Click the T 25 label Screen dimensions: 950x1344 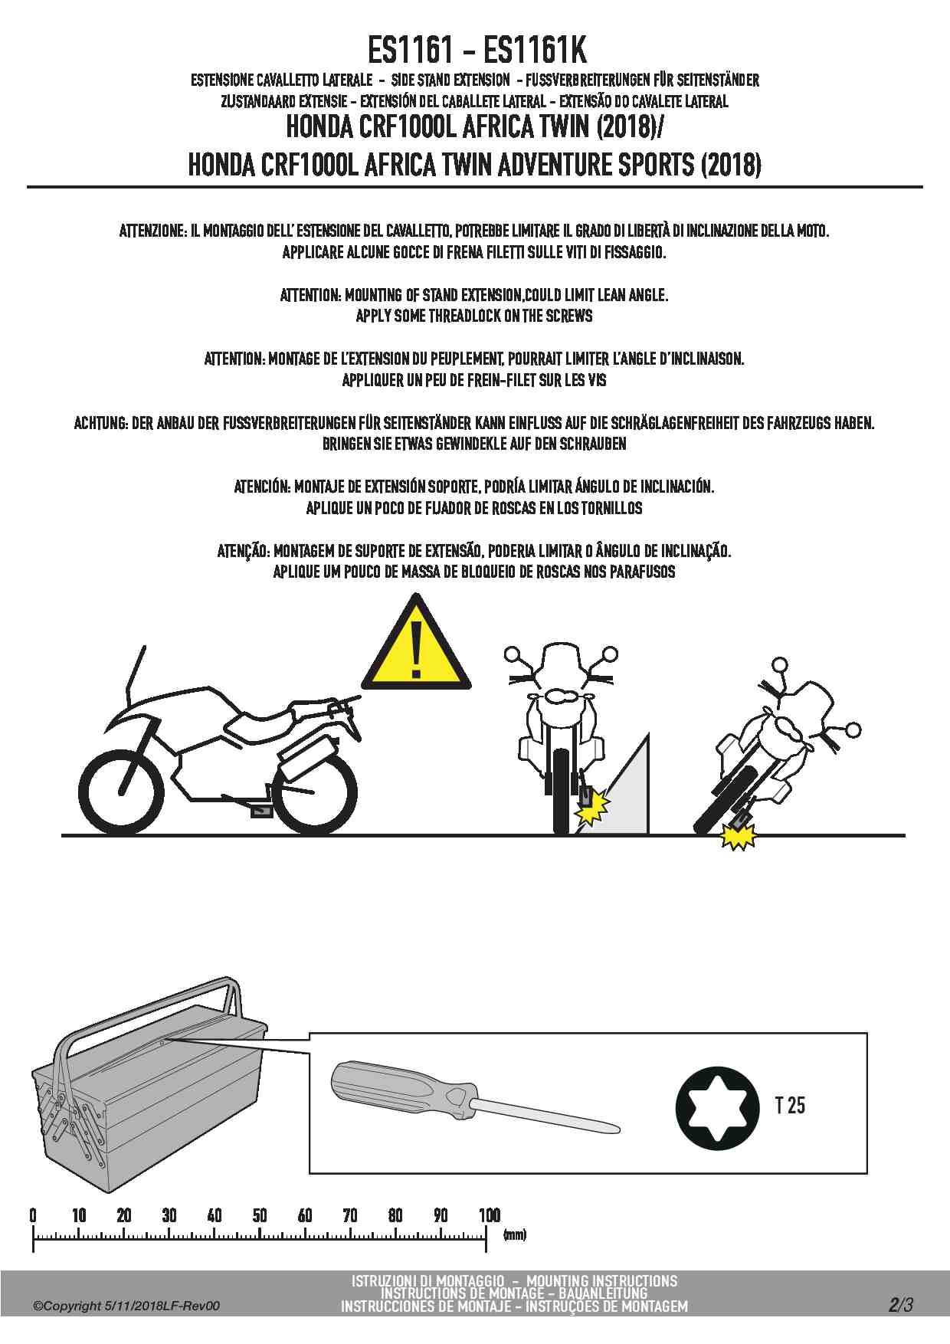[790, 1106]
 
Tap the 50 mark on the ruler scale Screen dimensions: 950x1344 [260, 1215]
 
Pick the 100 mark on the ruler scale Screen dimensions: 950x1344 [489, 1215]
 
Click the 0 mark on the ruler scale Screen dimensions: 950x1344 [33, 1215]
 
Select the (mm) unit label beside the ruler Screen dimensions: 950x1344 [515, 1235]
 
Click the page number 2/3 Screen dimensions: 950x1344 [901, 1305]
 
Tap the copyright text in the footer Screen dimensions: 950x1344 [126, 1306]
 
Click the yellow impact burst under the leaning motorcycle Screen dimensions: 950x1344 [738, 838]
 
